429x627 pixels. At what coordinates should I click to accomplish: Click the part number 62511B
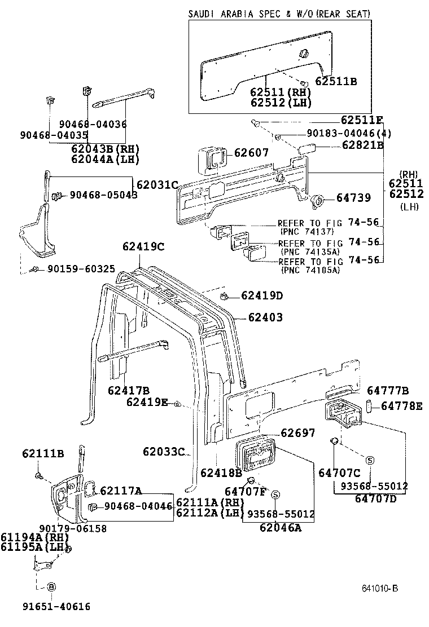336,81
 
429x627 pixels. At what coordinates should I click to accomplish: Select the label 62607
251,153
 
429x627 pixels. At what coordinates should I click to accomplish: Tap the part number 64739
353,198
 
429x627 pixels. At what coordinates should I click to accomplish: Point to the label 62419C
143,246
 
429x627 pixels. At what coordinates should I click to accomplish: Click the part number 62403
265,318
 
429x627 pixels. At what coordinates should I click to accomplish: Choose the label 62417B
129,390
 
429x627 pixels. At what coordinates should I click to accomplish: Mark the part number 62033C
164,451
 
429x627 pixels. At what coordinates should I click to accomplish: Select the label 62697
298,432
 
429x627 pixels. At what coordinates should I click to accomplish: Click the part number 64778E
401,406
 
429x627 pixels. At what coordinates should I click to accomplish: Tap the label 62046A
281,528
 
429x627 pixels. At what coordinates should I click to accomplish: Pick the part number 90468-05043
103,195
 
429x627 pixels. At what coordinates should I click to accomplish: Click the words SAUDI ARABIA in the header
223,14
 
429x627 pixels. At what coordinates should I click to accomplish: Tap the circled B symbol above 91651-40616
51,587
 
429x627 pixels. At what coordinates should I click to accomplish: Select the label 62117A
121,491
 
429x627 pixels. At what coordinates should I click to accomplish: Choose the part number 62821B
362,145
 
